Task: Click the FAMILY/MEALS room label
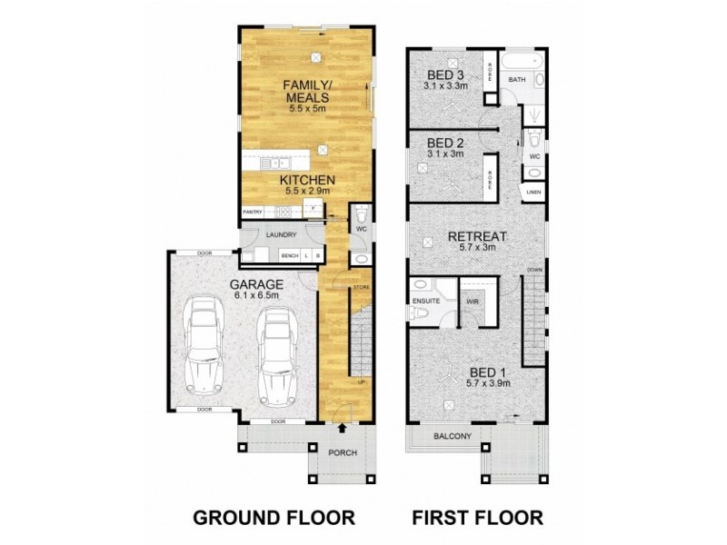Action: click(306, 92)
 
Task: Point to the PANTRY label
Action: click(253, 213)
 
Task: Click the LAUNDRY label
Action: click(282, 235)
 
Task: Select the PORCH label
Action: click(342, 453)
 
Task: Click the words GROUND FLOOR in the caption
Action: click(274, 518)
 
